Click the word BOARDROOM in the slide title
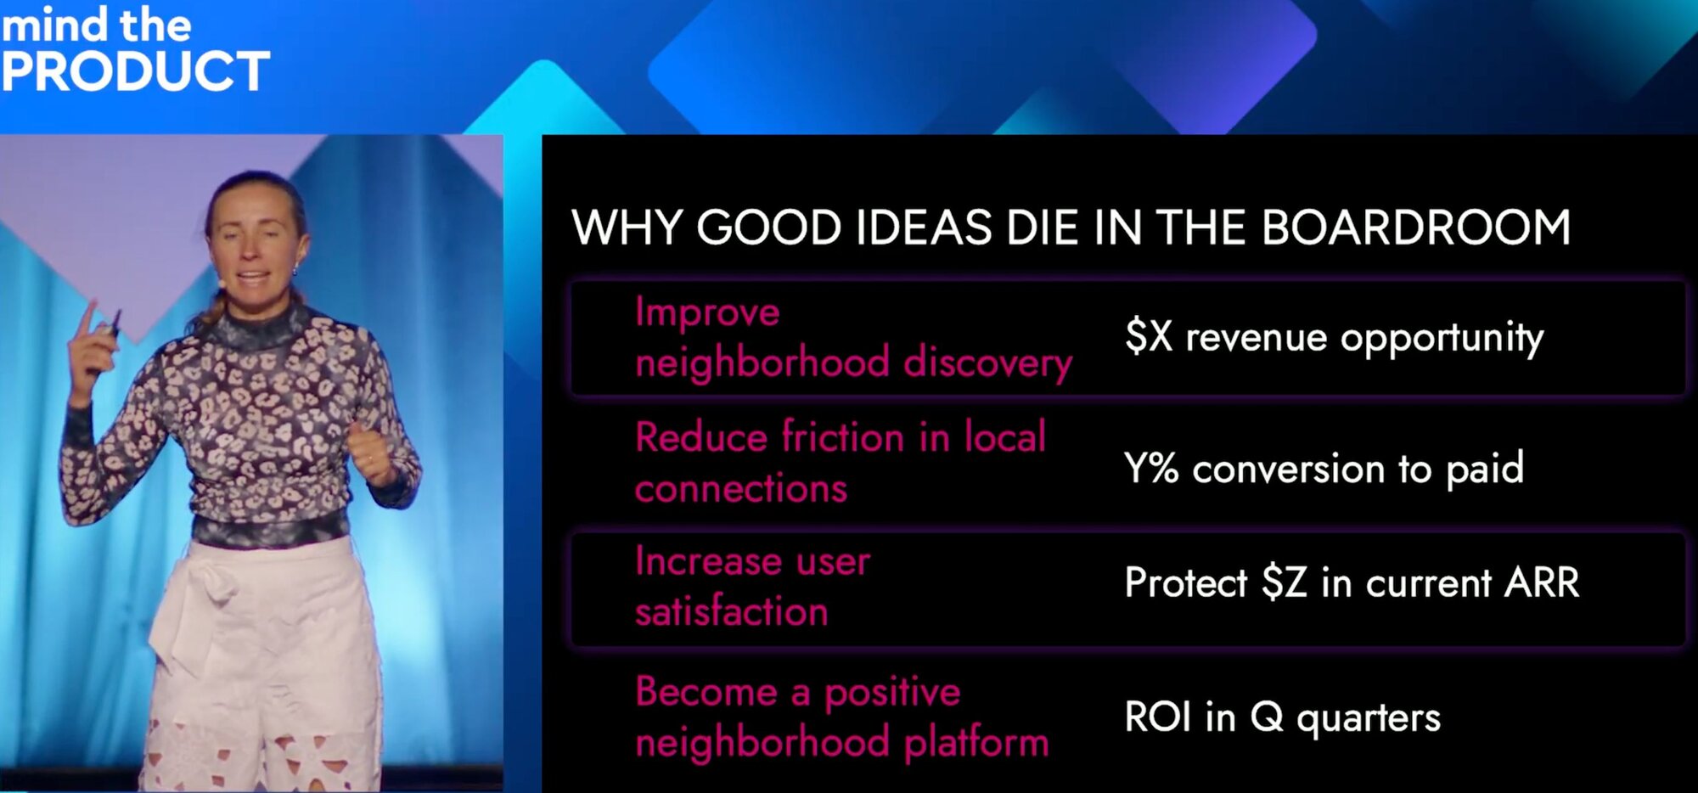(x=1416, y=228)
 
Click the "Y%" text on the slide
(x=1151, y=468)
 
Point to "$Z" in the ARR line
(x=1285, y=582)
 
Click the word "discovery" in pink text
(x=988, y=363)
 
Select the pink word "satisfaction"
(x=732, y=610)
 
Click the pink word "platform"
(x=976, y=742)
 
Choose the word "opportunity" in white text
(x=1442, y=338)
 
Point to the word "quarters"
(x=1369, y=718)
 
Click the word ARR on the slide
(x=1542, y=582)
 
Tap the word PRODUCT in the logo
(x=136, y=71)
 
